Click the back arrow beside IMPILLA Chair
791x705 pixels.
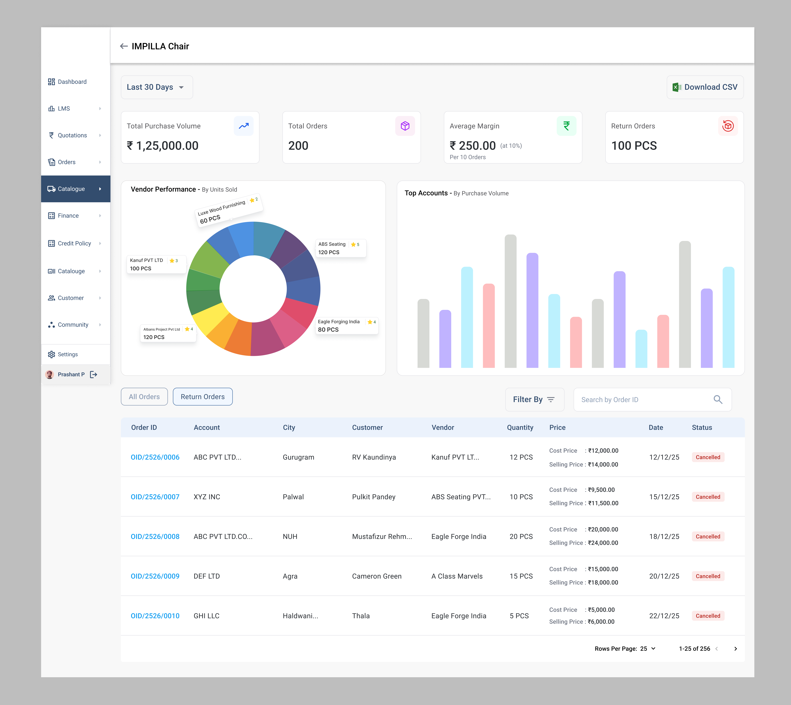[124, 46]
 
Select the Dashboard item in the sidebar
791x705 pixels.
[72, 82]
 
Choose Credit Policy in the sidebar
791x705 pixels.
[74, 243]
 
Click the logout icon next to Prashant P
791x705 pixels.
[94, 374]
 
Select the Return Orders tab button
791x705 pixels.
[202, 397]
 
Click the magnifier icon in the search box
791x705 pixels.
[718, 399]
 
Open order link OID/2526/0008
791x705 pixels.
[155, 537]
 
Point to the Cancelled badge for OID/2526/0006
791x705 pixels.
[708, 457]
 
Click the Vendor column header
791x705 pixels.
[443, 427]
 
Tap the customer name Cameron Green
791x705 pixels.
[377, 576]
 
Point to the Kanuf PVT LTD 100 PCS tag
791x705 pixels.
[156, 264]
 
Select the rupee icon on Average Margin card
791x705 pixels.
[566, 126]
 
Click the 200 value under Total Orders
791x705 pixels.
[298, 146]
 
